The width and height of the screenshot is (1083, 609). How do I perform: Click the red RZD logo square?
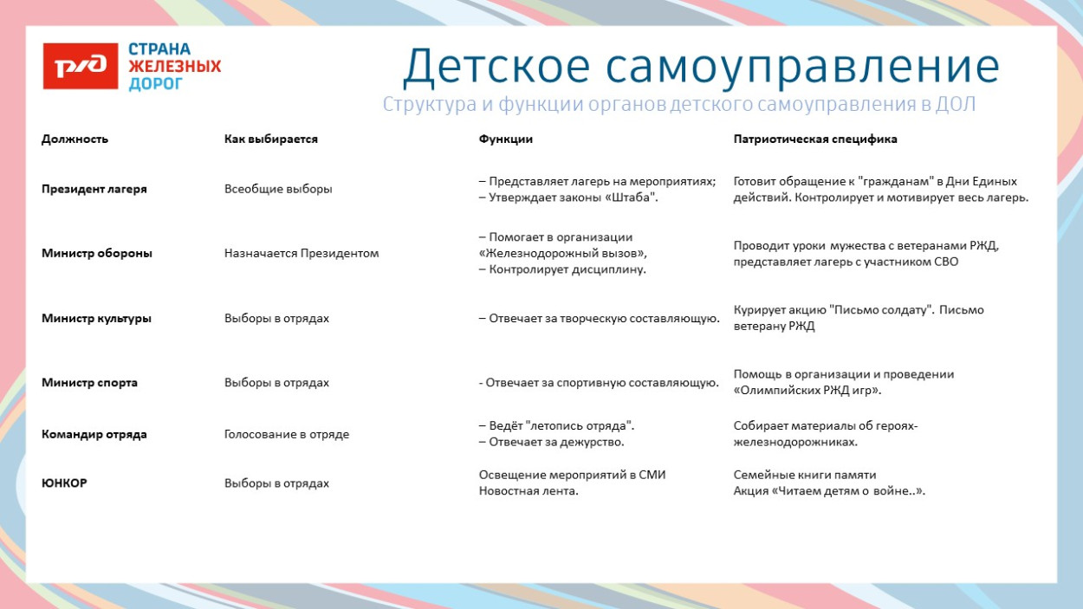[81, 66]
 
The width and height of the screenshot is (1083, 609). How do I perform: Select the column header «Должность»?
[75, 139]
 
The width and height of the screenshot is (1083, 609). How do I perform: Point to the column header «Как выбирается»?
[270, 139]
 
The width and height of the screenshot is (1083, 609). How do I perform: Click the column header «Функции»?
[505, 139]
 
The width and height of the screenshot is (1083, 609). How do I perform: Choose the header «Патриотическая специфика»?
[815, 139]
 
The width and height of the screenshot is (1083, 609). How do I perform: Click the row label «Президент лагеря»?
[94, 189]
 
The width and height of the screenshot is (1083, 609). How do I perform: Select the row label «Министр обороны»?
[96, 253]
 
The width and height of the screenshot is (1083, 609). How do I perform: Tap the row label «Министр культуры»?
[96, 318]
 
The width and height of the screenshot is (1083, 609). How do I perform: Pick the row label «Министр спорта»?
[89, 382]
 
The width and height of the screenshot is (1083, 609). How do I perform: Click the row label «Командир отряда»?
[94, 434]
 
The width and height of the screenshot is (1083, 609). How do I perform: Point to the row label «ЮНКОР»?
[64, 483]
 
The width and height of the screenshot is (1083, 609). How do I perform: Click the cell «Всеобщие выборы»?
[278, 189]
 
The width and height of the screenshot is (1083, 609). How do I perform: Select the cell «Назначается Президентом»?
[302, 253]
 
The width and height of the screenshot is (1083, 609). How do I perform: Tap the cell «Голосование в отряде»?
[287, 434]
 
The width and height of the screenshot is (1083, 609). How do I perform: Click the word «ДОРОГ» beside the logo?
[156, 84]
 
